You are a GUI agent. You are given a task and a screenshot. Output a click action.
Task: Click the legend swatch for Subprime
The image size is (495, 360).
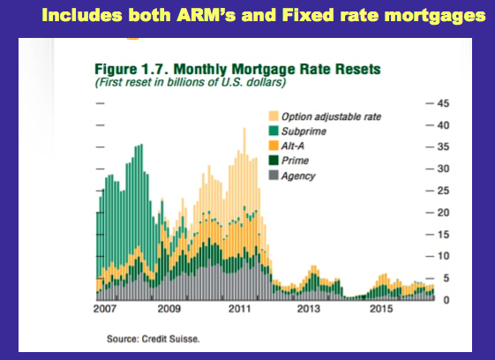[x=274, y=131]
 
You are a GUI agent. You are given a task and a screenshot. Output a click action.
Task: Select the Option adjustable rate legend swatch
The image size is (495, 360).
[x=274, y=116]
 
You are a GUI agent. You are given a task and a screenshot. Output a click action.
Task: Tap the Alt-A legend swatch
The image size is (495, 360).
[x=274, y=146]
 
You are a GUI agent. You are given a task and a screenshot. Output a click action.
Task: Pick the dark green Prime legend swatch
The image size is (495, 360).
[x=274, y=161]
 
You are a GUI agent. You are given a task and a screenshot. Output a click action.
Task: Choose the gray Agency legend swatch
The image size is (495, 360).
[x=274, y=176]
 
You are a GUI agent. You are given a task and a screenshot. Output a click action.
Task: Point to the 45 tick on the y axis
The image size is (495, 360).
[x=443, y=103]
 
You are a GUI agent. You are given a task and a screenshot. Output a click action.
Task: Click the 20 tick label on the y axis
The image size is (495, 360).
[x=443, y=213]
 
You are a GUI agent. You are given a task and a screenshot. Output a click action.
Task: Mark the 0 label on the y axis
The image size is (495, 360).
[x=446, y=300]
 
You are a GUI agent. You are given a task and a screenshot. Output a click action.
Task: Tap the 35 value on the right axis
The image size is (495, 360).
[x=443, y=146]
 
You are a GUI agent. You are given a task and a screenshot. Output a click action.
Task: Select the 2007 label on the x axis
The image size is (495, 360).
[x=105, y=309]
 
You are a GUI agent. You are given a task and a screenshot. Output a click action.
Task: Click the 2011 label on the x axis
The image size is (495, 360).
[x=240, y=309]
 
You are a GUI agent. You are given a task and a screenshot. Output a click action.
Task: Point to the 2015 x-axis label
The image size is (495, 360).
[x=381, y=309]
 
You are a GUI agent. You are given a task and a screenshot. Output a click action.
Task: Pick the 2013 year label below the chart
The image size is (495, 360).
[x=309, y=309]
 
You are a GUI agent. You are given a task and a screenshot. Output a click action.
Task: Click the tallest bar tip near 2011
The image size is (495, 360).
[x=244, y=128]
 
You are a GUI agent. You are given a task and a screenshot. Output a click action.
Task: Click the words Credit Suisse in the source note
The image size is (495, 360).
[x=170, y=339]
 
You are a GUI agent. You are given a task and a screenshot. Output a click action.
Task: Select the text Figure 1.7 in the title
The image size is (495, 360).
[x=132, y=69]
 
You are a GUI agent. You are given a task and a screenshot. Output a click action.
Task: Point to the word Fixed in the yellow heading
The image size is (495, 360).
[x=308, y=15]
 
